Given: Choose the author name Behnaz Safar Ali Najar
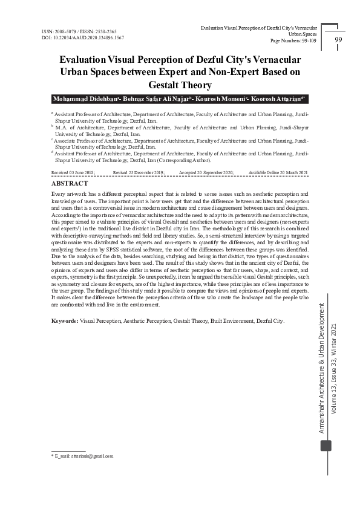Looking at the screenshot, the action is [156, 99].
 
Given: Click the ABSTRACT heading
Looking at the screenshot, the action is [70, 183].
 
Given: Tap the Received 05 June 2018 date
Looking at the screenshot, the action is [73, 173].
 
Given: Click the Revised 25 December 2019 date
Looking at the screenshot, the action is [139, 173].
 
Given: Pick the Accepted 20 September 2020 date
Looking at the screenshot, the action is [206, 173].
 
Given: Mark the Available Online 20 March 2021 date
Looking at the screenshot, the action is [278, 173].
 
